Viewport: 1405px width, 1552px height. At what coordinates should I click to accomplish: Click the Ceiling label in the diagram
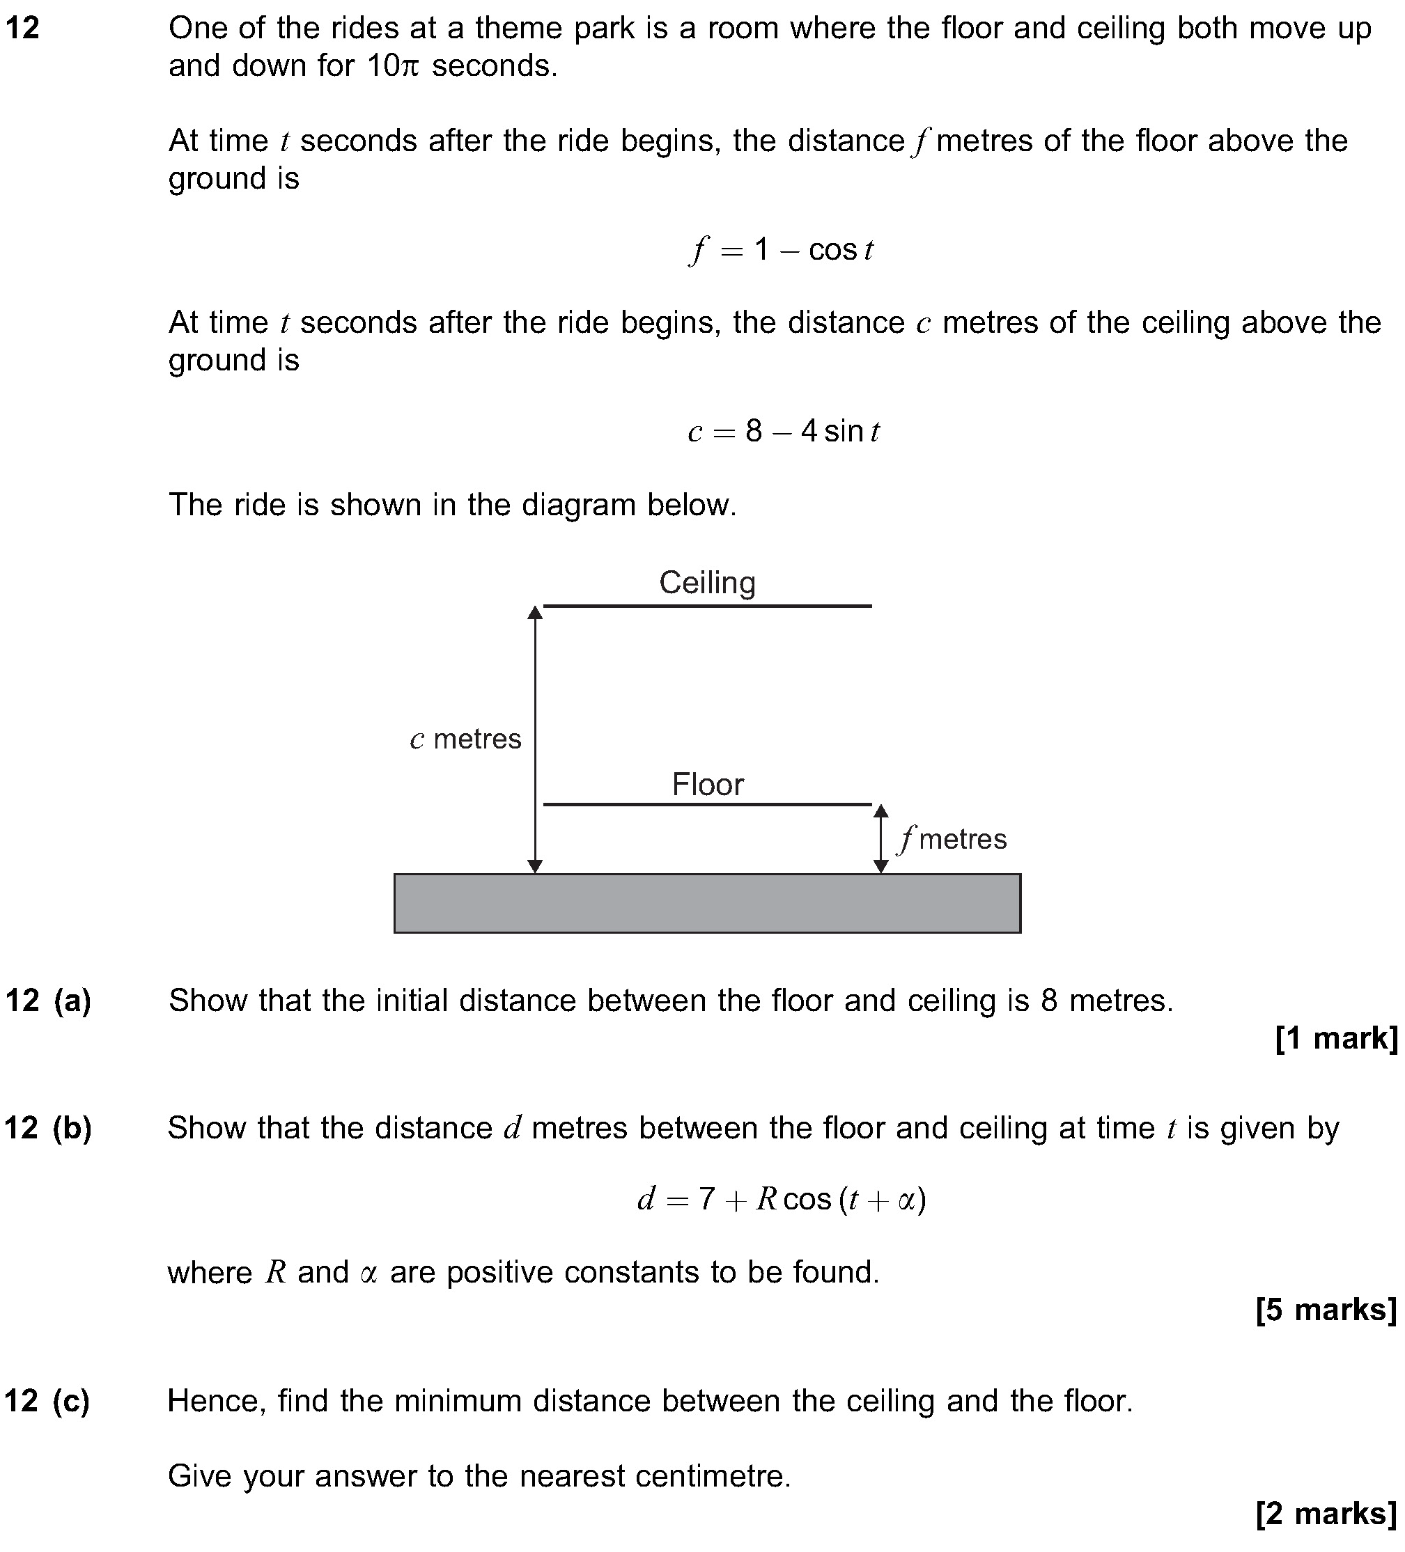[x=707, y=583]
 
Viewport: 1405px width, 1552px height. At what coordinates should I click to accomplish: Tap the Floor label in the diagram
[x=708, y=785]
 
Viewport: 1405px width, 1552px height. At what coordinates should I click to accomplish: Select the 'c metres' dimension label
[x=465, y=739]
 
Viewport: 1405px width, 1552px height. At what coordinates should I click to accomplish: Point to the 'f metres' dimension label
[x=952, y=839]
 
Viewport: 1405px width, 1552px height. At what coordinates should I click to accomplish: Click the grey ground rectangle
[x=707, y=903]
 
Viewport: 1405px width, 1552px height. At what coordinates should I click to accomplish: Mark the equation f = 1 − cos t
[x=781, y=250]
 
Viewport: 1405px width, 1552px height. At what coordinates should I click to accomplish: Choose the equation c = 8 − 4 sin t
[x=784, y=431]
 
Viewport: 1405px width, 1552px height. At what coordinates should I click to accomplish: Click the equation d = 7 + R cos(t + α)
[x=781, y=1199]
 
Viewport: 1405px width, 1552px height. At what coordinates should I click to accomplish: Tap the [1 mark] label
[x=1337, y=1039]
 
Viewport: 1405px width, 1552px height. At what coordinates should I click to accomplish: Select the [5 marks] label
[x=1326, y=1310]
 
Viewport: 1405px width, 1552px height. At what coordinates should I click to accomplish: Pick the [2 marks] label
[x=1326, y=1513]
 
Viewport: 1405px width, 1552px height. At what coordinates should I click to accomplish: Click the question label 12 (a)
[x=48, y=1001]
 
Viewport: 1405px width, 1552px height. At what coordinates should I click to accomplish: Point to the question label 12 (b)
[x=48, y=1129]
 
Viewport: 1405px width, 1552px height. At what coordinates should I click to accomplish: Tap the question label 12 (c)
[x=47, y=1400]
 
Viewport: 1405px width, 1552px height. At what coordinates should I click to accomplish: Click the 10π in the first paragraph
[x=392, y=66]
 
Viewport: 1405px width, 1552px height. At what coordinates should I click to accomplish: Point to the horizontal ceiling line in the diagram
[x=707, y=606]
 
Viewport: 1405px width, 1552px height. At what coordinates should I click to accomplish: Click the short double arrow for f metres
[x=881, y=839]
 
